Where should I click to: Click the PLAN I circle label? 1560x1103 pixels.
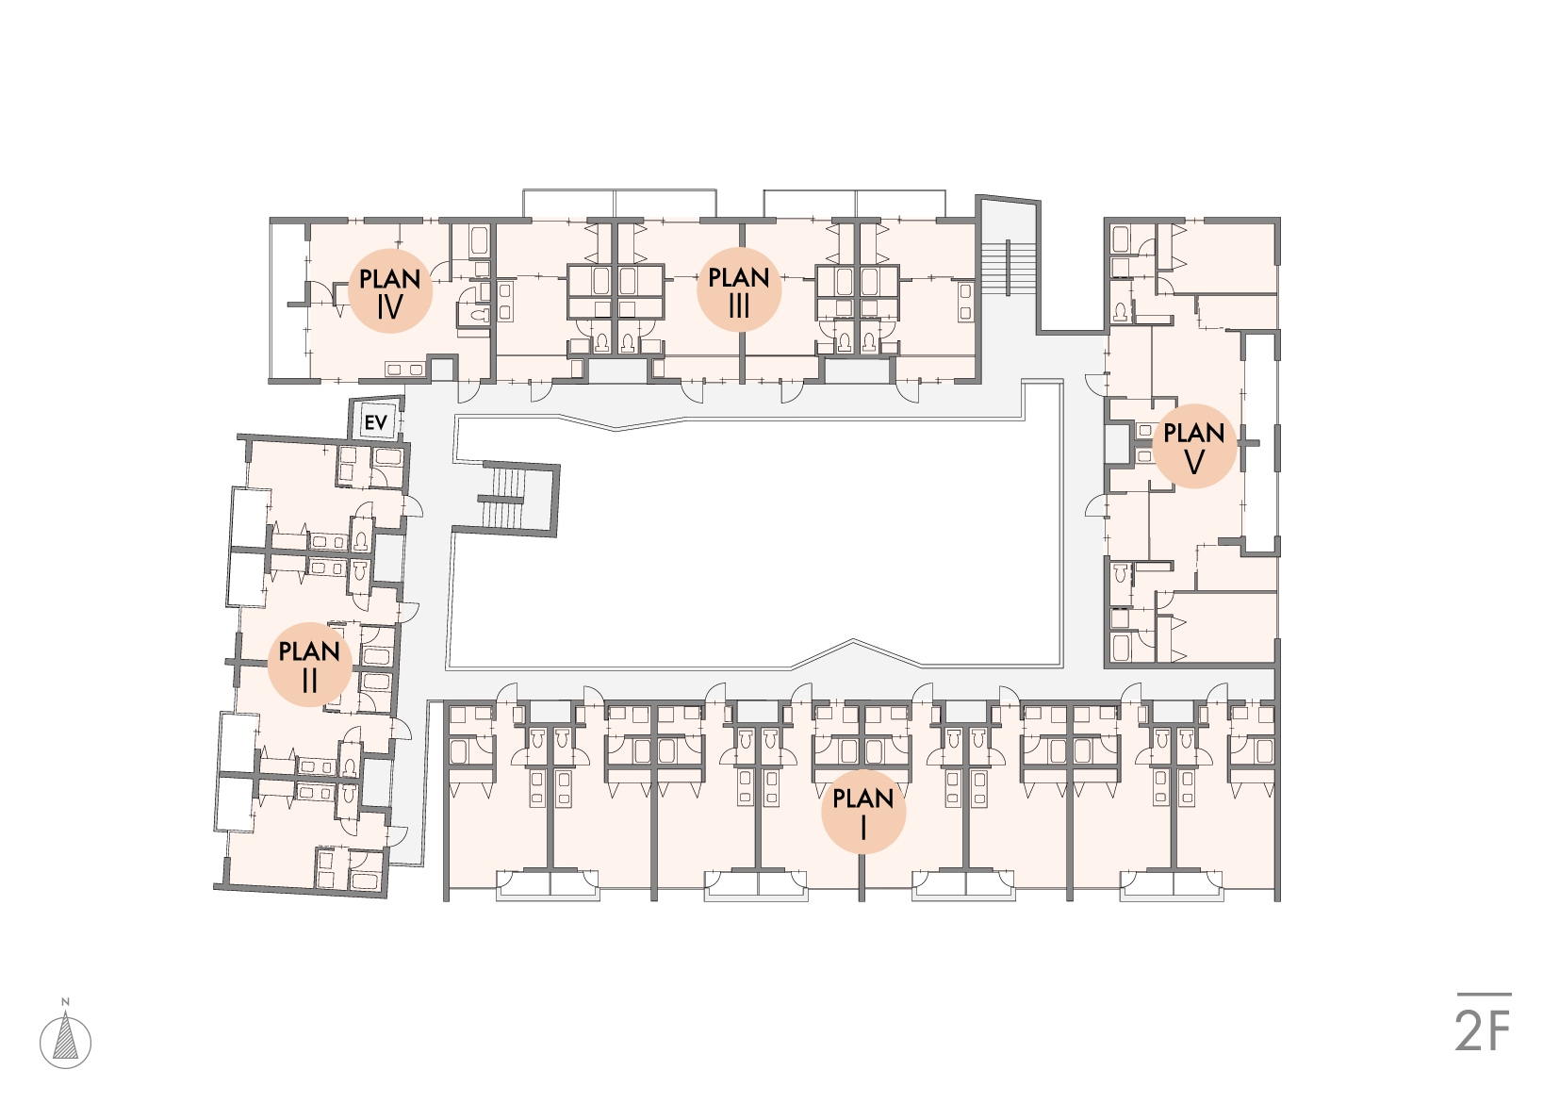coord(862,812)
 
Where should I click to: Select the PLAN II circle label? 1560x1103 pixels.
coord(309,665)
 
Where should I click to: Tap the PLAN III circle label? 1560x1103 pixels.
coord(739,289)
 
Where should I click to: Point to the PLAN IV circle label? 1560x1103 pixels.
coord(390,290)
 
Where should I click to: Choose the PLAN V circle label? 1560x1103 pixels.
coord(1194,446)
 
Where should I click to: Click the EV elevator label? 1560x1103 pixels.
coord(376,422)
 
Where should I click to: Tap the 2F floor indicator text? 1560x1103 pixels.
coord(1483,1031)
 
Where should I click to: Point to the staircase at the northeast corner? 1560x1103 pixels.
coord(1007,268)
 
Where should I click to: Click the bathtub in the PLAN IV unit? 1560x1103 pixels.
coord(480,240)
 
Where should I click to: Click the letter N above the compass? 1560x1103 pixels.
coord(65,1002)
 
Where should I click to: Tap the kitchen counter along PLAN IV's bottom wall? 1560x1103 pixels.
coord(405,369)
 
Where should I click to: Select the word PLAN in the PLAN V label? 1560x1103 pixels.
coord(1194,433)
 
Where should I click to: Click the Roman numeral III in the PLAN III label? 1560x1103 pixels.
coord(739,305)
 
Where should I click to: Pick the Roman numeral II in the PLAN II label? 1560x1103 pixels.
coord(309,681)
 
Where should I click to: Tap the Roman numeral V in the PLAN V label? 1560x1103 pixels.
coord(1194,462)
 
